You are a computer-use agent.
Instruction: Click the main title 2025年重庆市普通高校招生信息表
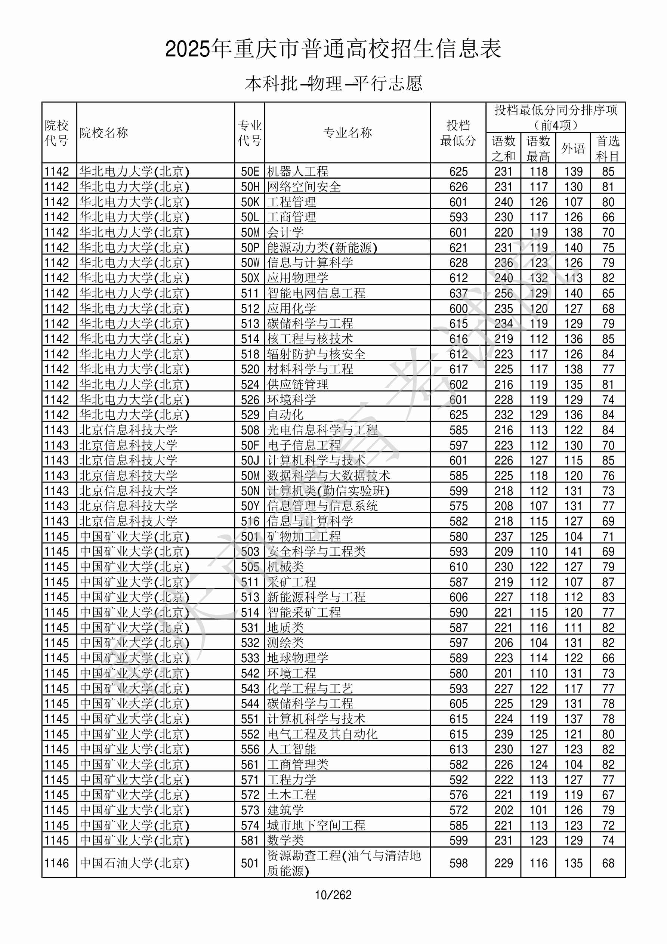point(333,49)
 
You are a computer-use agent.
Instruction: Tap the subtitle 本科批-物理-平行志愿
point(333,83)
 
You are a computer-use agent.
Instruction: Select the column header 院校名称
point(104,133)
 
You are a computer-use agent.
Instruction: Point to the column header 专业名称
point(348,133)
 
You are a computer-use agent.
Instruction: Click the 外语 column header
point(573,148)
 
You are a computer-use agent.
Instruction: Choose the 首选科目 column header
point(608,148)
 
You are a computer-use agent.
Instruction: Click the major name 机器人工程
point(298,172)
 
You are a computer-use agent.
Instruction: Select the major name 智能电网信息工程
point(316,293)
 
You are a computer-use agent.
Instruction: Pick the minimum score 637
point(458,293)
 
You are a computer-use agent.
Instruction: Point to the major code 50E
point(250,172)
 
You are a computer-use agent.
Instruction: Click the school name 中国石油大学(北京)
point(134,863)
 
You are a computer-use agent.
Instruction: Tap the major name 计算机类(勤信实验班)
point(328,491)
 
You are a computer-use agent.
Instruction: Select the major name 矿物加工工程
point(304,537)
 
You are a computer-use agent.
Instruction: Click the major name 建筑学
point(285,810)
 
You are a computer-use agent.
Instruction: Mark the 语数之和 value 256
point(503,293)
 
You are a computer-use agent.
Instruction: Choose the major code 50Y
point(250,506)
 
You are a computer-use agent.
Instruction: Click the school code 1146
point(57,863)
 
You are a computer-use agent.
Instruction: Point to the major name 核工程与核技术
point(310,339)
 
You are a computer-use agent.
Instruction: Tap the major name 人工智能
point(291,749)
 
